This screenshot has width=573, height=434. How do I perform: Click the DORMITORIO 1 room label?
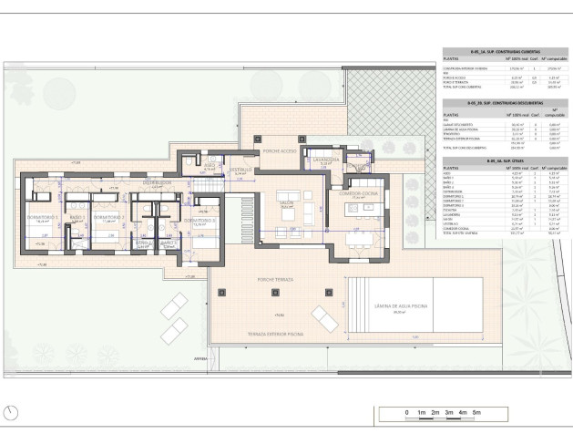(43, 217)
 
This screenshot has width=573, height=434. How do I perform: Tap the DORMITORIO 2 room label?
(108, 217)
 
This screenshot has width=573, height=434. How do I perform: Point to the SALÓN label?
(286, 203)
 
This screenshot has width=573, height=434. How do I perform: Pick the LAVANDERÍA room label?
(325, 161)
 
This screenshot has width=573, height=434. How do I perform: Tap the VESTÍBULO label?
(240, 170)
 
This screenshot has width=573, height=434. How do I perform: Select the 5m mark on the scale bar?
(476, 413)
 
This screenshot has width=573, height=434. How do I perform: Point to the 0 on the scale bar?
(406, 413)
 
